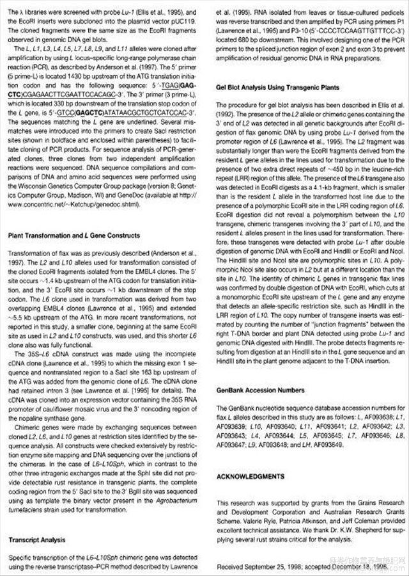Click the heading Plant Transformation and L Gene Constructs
(x=73, y=236)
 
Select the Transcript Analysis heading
(x=38, y=540)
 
